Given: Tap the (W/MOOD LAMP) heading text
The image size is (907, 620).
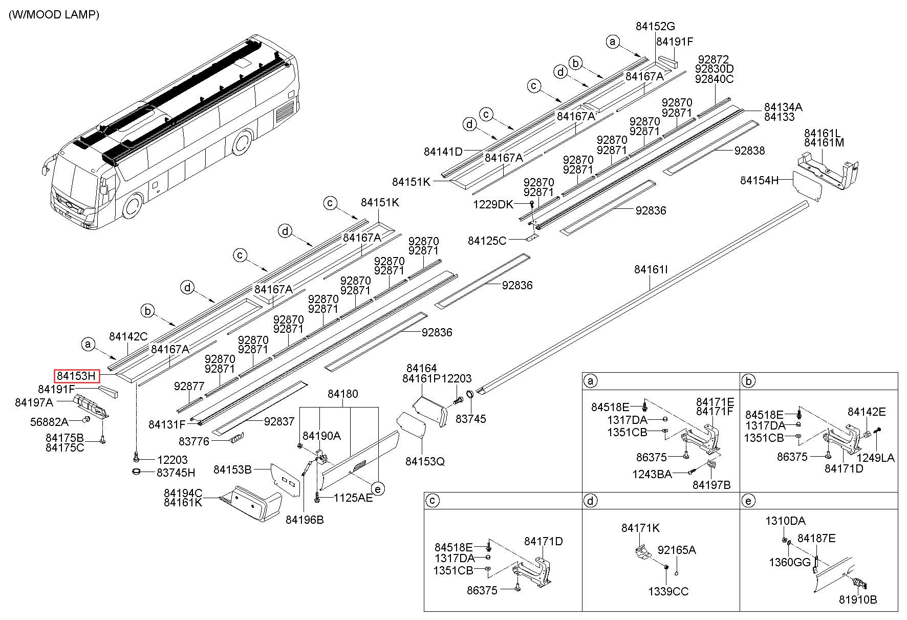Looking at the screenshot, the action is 54,14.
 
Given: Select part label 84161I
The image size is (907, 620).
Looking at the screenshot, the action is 651,269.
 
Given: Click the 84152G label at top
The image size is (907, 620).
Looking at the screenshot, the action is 656,27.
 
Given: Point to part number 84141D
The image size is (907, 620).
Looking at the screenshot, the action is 443,152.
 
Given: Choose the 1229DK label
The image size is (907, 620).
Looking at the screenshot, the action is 493,205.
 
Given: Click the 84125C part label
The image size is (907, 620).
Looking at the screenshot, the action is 487,240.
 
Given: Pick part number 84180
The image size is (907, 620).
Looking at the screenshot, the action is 343,394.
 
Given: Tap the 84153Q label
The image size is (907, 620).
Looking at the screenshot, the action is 425,461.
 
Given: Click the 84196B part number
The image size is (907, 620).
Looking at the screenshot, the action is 305,520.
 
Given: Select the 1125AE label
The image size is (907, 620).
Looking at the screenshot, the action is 353,497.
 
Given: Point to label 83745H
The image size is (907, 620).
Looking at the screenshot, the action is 176,473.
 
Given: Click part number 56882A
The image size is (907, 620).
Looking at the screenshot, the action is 49,422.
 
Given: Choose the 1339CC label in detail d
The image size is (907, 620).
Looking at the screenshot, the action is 668,591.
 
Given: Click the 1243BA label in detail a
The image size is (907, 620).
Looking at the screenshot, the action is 652,474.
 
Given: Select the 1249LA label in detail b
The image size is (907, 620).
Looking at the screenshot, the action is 876,458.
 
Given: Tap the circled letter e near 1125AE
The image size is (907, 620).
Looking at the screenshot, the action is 378,489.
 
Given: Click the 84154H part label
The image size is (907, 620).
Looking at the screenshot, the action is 760,180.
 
